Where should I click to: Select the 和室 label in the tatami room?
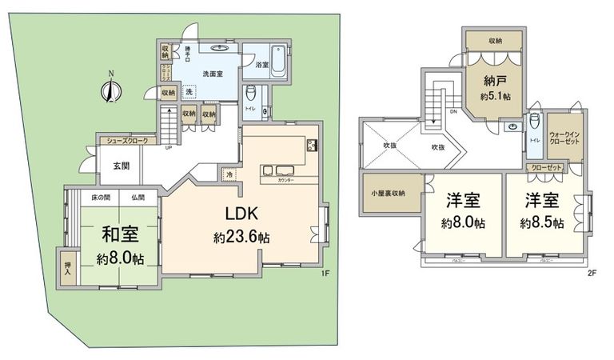[120, 236]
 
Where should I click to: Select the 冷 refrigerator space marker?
[229, 175]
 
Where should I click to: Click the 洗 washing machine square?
[190, 90]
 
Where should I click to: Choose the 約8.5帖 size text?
[541, 222]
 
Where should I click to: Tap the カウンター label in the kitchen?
[285, 181]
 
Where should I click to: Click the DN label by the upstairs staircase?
[454, 112]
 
